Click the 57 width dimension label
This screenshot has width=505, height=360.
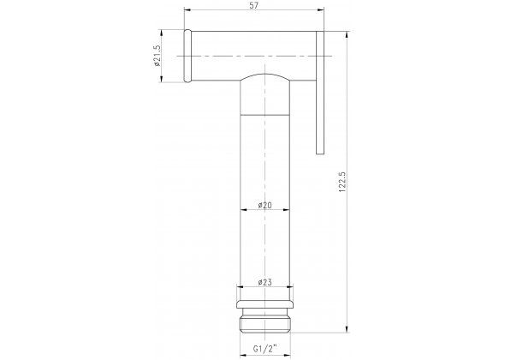pos(254,5)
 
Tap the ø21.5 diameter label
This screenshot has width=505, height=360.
pos(157,56)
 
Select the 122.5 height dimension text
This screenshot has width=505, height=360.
pos(342,183)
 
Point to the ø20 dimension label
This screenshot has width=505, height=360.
pos(265,205)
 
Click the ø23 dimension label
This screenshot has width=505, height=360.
pos(265,282)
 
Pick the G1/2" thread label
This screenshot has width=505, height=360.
pos(265,348)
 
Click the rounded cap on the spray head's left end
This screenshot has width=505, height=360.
pos(187,56)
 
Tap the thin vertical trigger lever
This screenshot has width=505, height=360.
pos(320,93)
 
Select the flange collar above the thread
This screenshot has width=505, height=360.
pos(265,304)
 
